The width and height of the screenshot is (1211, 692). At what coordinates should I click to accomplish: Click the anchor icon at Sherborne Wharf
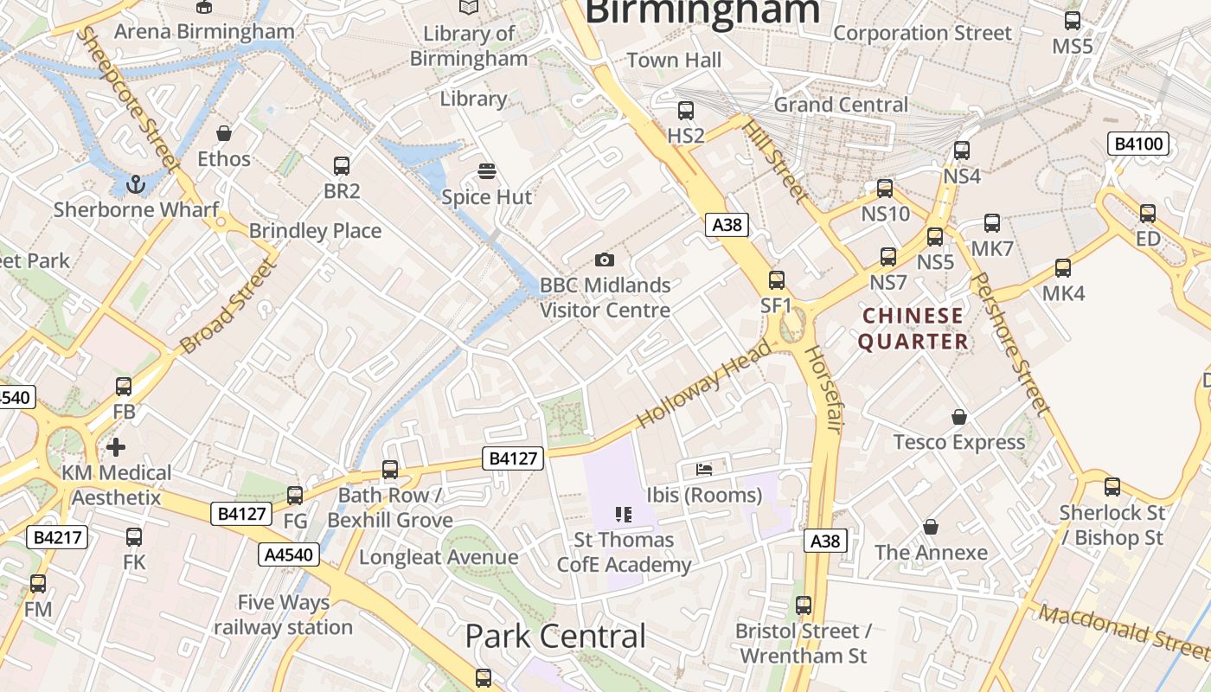(x=135, y=183)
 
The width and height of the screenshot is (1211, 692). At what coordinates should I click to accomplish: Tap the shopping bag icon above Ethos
(x=224, y=133)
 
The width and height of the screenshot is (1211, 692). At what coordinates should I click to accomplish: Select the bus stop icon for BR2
(x=342, y=165)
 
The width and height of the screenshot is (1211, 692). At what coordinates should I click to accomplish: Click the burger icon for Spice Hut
(x=487, y=171)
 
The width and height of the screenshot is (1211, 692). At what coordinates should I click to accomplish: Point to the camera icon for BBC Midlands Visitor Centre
(x=605, y=259)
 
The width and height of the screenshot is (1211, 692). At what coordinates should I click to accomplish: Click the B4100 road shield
(x=1138, y=144)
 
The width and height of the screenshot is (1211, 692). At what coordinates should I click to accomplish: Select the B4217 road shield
(x=58, y=537)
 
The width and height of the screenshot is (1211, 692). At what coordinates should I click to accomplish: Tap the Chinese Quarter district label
(x=913, y=329)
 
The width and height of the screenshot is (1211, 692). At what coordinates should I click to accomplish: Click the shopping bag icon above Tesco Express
(x=958, y=417)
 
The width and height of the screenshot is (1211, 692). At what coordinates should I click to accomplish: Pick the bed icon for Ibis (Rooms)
(x=704, y=470)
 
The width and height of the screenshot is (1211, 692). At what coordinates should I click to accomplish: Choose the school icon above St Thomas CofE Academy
(x=624, y=515)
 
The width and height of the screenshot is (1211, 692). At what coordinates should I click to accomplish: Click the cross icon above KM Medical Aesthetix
(x=116, y=447)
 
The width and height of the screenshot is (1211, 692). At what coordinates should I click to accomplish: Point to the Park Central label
(x=555, y=637)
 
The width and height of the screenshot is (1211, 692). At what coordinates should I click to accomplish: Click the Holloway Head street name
(x=703, y=383)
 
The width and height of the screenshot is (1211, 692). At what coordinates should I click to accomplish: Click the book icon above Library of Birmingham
(x=469, y=7)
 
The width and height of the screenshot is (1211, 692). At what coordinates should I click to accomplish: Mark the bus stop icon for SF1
(x=777, y=279)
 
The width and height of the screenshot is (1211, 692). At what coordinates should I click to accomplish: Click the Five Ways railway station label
(x=284, y=615)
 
